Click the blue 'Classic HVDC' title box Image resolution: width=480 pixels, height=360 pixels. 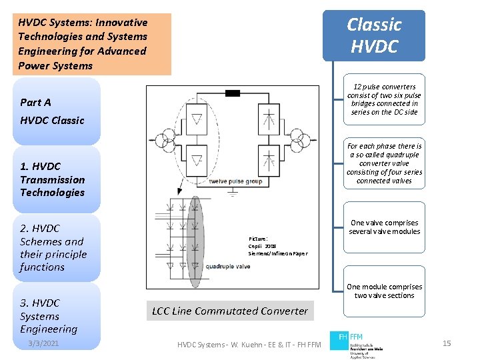tap(374, 35)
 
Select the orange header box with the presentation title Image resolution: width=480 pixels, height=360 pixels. tap(91, 44)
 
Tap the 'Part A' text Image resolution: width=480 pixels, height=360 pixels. tap(35, 102)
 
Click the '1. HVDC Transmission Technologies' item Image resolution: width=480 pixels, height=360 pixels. tap(52, 179)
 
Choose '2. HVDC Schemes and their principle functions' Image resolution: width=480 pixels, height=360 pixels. tap(53, 247)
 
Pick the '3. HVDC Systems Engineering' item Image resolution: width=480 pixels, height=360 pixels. tap(48, 316)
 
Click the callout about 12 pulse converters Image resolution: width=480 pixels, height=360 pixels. tap(385, 99)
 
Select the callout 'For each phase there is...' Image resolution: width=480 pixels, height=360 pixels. tap(385, 163)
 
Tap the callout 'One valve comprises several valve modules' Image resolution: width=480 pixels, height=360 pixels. tap(385, 227)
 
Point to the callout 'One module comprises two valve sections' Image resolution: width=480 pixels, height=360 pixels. tap(385, 291)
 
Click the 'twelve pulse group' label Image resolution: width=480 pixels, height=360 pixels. tap(235, 181)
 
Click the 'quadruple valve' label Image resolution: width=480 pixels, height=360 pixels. tap(228, 266)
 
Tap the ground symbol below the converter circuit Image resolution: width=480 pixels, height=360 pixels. tap(233, 193)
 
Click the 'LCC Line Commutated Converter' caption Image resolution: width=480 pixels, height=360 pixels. tap(230, 311)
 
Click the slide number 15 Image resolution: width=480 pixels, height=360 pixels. tap(447, 343)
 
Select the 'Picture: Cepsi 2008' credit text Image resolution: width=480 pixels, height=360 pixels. tap(277, 246)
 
